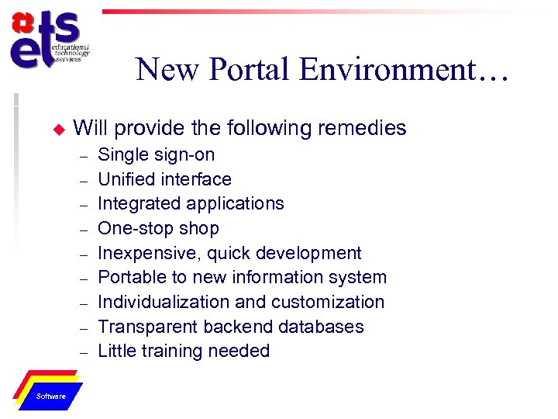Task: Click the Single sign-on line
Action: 156,154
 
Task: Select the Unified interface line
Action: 164,179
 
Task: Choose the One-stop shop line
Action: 158,228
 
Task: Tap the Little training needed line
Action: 184,351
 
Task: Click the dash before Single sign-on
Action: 82,155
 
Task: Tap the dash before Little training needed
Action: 82,351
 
